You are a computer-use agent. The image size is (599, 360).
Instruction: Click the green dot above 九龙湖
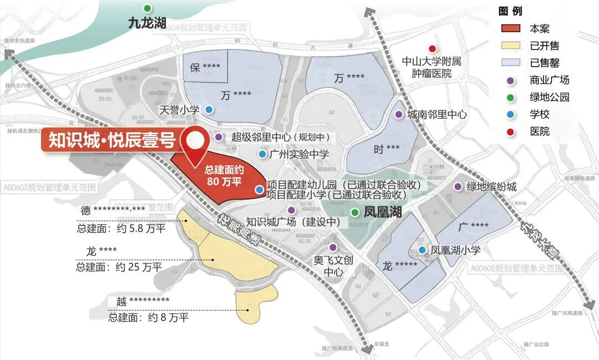pos(147,8)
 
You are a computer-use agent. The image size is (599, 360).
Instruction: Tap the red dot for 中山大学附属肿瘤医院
pos(433,49)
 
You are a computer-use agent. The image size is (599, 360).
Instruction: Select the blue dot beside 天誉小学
pos(208,110)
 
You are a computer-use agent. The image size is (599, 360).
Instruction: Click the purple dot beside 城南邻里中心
pos(398,114)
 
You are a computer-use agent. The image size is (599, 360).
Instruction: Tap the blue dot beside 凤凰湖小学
pos(423,250)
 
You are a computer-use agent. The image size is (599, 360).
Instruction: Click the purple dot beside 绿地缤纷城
pos(458,187)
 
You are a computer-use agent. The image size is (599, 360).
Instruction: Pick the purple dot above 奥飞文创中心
pos(333,247)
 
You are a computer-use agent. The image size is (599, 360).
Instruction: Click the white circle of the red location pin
pos(194,140)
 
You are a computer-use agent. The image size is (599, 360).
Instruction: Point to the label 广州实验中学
pos(299,154)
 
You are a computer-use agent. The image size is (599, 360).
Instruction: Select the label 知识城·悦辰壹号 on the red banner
pos(111,141)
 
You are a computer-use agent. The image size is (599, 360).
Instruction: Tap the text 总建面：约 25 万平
pos(119,267)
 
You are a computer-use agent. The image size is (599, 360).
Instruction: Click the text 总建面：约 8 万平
pos(148,317)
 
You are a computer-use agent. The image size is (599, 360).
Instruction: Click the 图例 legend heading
pos(510,11)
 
